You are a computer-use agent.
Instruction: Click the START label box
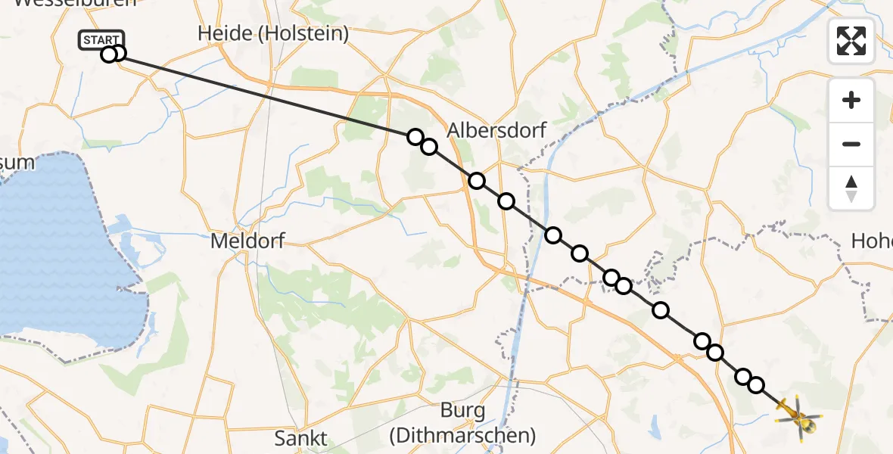tap(100, 39)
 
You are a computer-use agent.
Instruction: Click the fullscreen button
tap(851, 41)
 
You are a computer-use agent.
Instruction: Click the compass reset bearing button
tap(851, 188)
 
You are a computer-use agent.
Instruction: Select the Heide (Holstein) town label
tap(272, 33)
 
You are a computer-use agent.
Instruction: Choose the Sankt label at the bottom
tap(301, 438)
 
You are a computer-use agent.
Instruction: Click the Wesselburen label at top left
tap(74, 3)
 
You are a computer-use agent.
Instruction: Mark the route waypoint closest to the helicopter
tap(755, 385)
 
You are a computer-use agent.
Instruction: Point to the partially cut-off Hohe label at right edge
tap(871, 241)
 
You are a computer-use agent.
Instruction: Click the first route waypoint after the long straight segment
tap(415, 137)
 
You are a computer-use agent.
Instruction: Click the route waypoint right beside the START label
tap(117, 54)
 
